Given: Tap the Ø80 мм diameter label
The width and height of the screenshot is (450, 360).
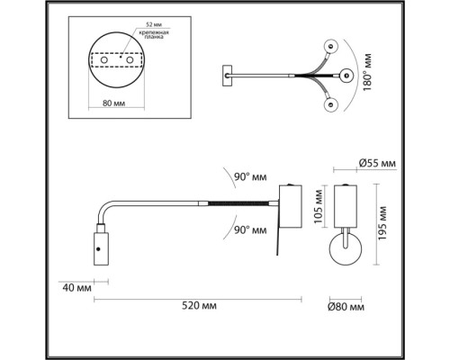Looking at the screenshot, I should coord(345,309).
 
